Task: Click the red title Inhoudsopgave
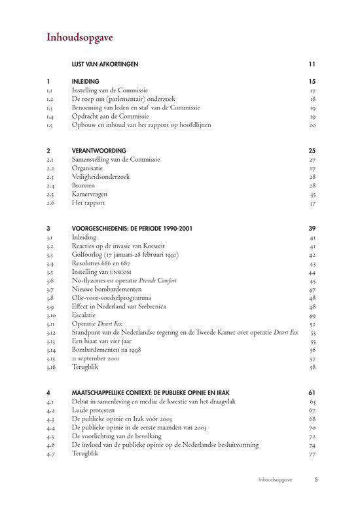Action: point(80,37)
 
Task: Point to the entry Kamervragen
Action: point(90,195)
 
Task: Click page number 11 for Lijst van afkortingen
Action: point(313,64)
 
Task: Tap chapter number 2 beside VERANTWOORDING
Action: point(48,150)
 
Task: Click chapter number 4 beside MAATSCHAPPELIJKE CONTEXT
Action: point(48,392)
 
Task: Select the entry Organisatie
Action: point(92,168)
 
